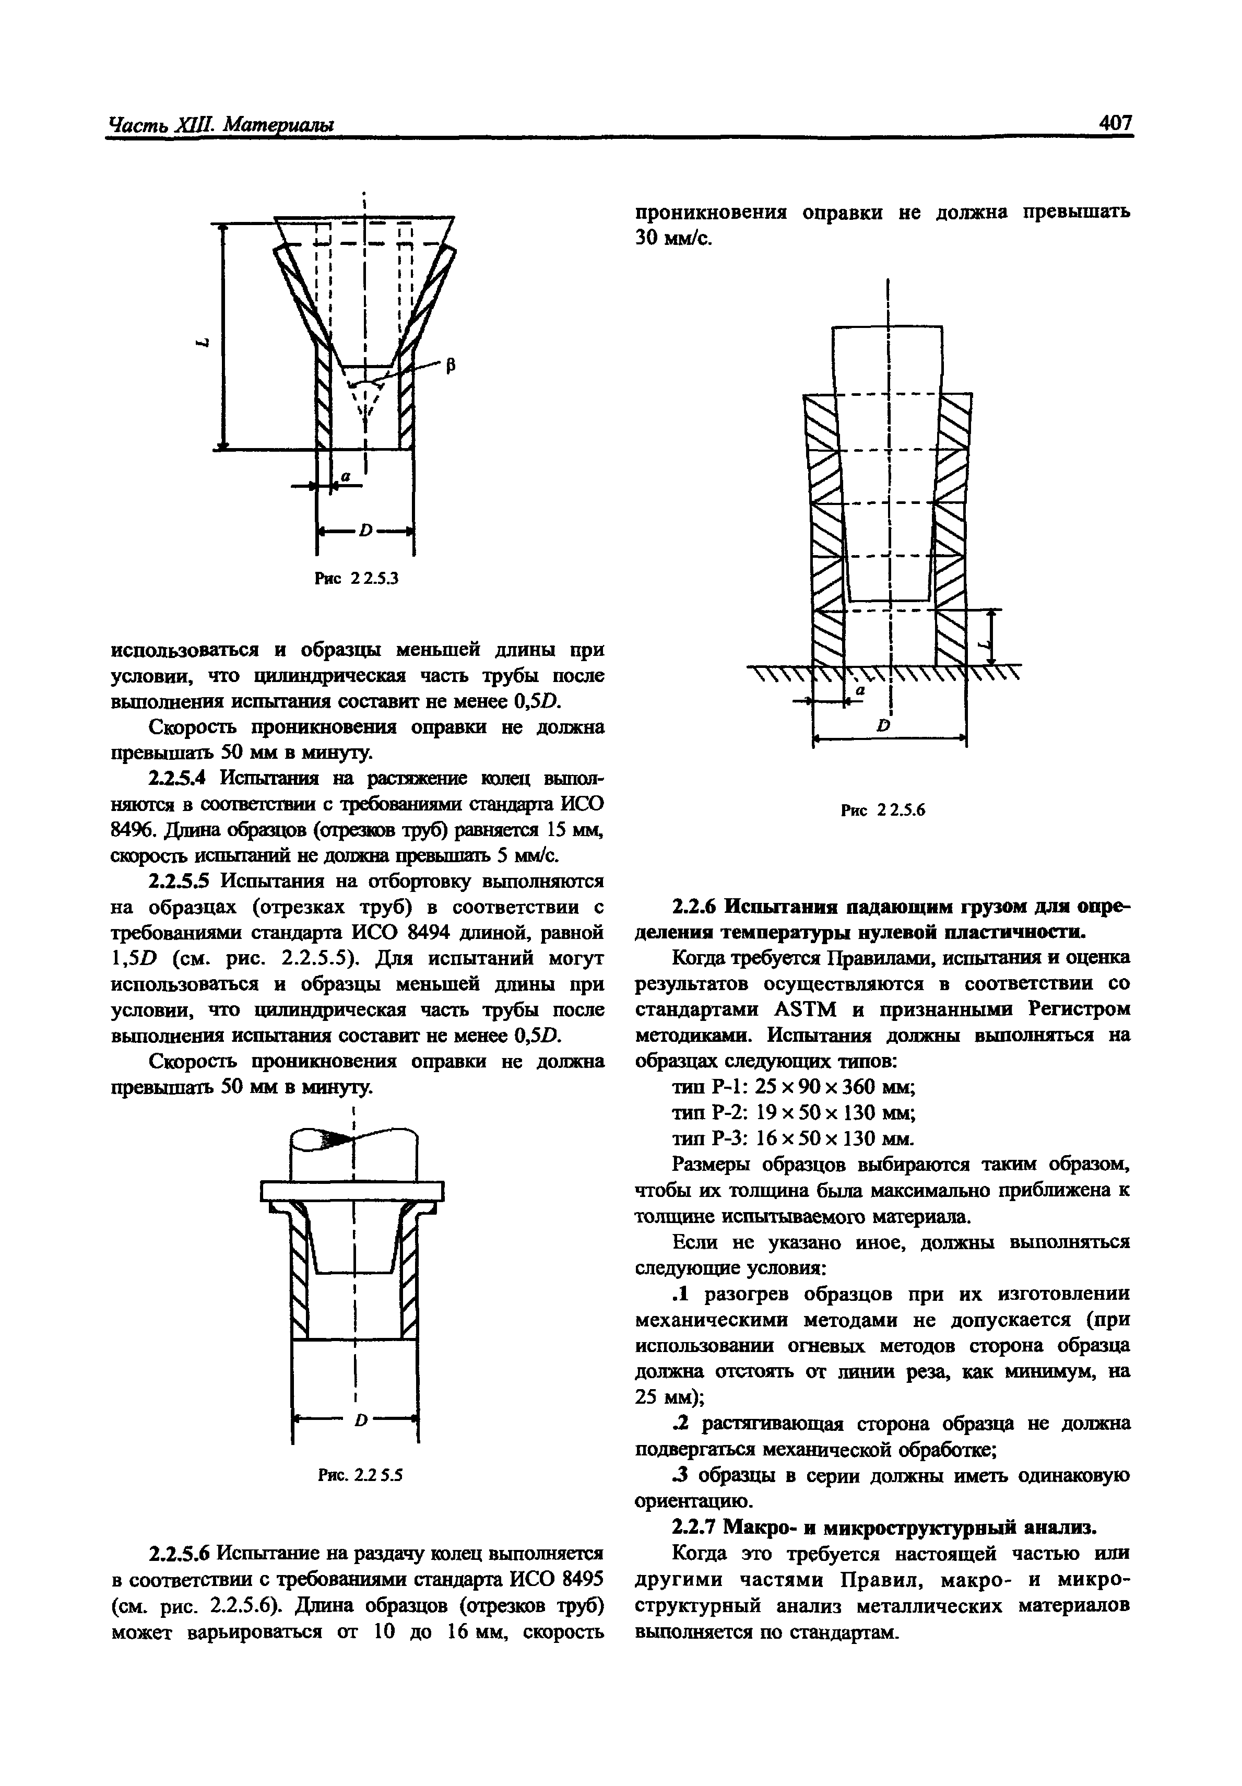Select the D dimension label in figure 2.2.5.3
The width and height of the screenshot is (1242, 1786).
(365, 531)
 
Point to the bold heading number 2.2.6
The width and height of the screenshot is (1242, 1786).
(694, 906)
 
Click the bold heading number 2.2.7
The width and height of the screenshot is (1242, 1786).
(694, 1527)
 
